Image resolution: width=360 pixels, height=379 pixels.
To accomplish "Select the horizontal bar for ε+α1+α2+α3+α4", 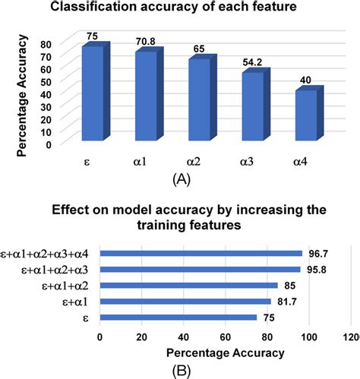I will coord(201,254).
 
